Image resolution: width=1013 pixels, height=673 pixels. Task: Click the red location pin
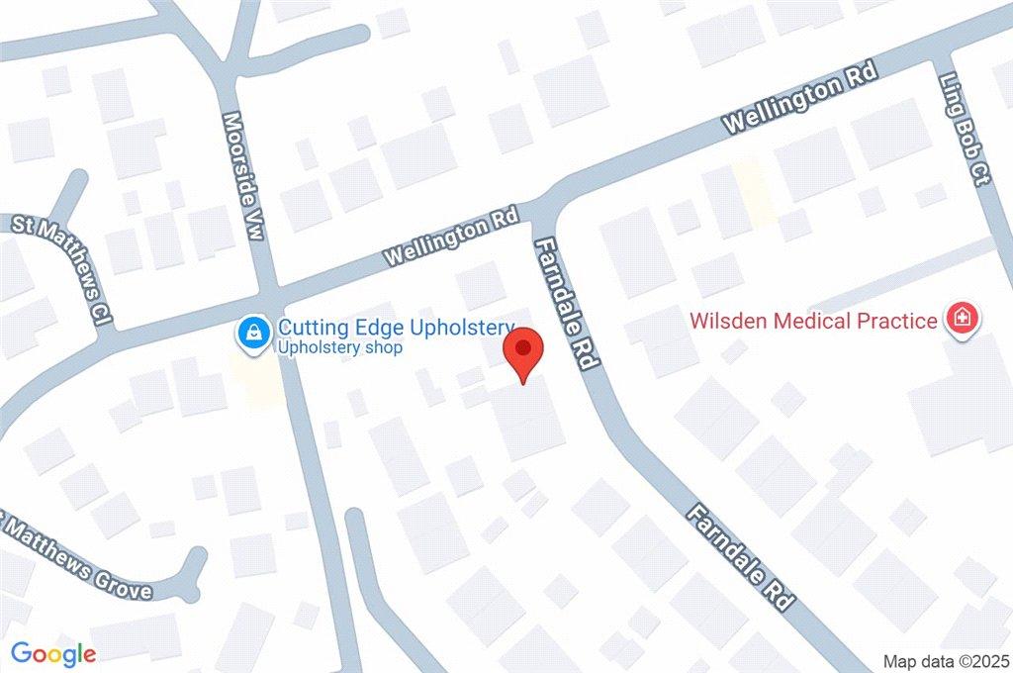pyautogui.click(x=523, y=351)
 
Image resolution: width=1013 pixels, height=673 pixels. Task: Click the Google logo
pyautogui.click(x=53, y=653)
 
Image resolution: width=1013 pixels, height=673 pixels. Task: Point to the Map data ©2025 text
pyautogui.click(x=947, y=660)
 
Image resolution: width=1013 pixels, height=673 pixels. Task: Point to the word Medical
pyautogui.click(x=811, y=321)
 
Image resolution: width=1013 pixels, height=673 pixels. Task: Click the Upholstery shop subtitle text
pyautogui.click(x=339, y=348)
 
